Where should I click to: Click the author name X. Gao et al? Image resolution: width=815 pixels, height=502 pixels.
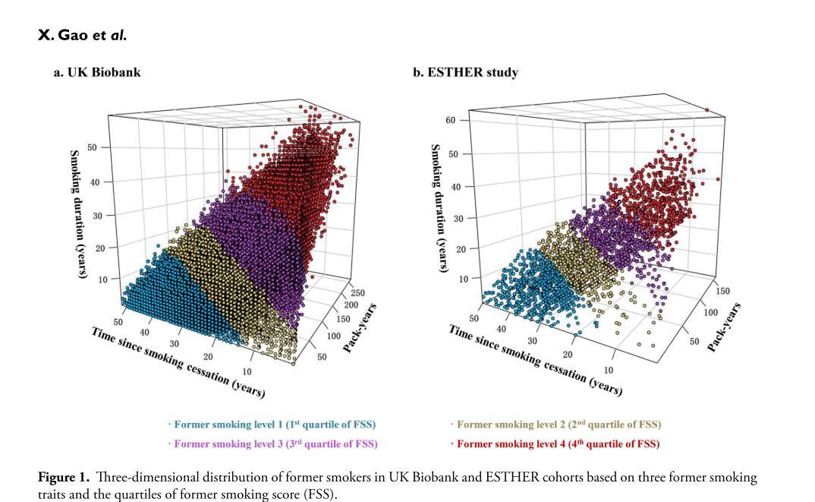[83, 35]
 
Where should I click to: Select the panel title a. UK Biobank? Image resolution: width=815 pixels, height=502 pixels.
[96, 73]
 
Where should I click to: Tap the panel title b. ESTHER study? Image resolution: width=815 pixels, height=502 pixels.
[465, 73]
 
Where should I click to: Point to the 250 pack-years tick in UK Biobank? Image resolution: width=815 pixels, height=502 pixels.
[357, 292]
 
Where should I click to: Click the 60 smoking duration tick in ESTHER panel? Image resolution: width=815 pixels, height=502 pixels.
[451, 121]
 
